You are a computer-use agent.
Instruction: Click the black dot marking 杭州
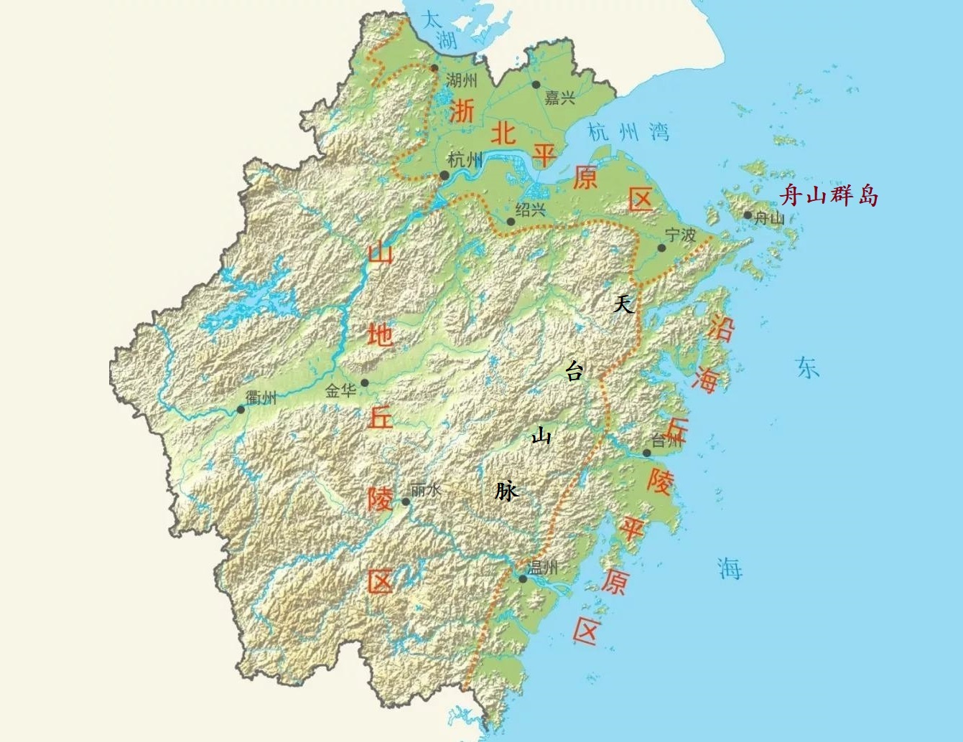tap(445, 175)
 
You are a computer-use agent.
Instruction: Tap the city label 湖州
tap(461, 80)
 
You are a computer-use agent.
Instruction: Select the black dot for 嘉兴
tap(536, 85)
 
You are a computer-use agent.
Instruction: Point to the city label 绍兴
tap(531, 210)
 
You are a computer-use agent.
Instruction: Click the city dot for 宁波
tap(661, 248)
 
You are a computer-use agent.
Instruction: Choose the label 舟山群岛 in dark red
tap(829, 194)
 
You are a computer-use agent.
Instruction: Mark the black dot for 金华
tap(365, 382)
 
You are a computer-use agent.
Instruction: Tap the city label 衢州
tap(260, 396)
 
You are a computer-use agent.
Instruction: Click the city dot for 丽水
tap(406, 502)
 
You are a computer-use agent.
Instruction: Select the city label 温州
tap(543, 568)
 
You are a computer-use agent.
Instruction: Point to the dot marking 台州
tap(647, 453)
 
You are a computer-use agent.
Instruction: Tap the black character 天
tap(623, 304)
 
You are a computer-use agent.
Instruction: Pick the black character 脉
tap(506, 491)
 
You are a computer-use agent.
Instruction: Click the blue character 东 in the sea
tap(807, 367)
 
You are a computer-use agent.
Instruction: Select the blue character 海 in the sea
tap(730, 568)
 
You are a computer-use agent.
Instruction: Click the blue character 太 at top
tap(431, 19)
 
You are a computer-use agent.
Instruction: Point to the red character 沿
tap(721, 328)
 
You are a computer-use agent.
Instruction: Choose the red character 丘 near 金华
tap(380, 416)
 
